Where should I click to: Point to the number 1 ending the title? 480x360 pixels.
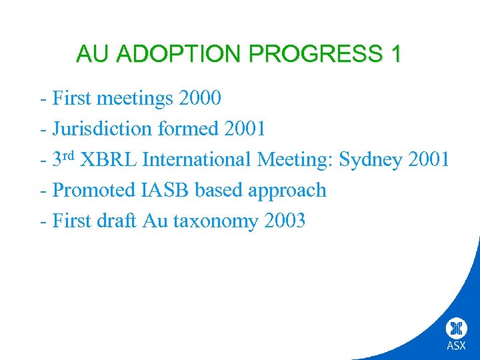[395, 54]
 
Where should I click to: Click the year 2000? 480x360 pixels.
[199, 99]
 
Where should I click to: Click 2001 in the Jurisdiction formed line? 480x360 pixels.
[245, 129]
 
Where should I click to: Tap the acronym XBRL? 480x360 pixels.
[109, 160]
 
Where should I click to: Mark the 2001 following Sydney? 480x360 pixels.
[428, 160]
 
